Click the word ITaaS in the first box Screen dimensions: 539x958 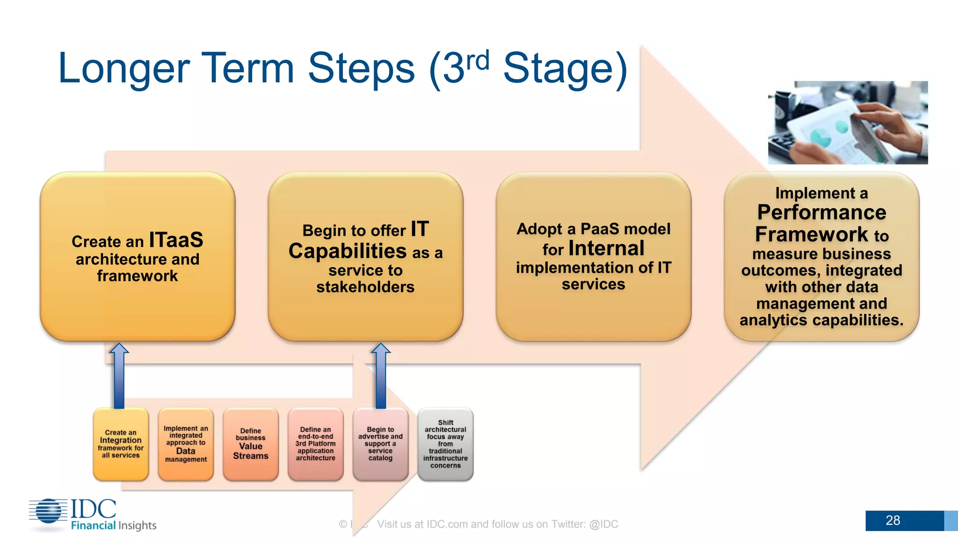tap(176, 240)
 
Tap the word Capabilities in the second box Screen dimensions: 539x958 tap(348, 251)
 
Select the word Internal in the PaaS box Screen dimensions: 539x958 tap(606, 248)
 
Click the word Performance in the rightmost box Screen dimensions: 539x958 tap(821, 212)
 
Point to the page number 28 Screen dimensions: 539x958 tap(893, 520)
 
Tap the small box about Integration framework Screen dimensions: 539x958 tap(121, 444)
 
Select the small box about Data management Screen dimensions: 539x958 tap(186, 444)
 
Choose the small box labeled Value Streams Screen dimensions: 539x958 tap(251, 444)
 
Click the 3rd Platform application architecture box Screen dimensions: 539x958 tap(315, 444)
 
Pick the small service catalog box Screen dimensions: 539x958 tap(380, 444)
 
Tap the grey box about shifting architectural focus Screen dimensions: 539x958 tap(445, 444)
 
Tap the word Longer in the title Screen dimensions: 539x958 tap(123, 69)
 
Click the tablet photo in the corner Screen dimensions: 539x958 tap(848, 123)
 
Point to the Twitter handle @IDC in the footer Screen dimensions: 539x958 tap(603, 524)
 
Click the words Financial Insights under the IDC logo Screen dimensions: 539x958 tap(114, 525)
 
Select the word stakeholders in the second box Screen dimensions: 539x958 tap(365, 287)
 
